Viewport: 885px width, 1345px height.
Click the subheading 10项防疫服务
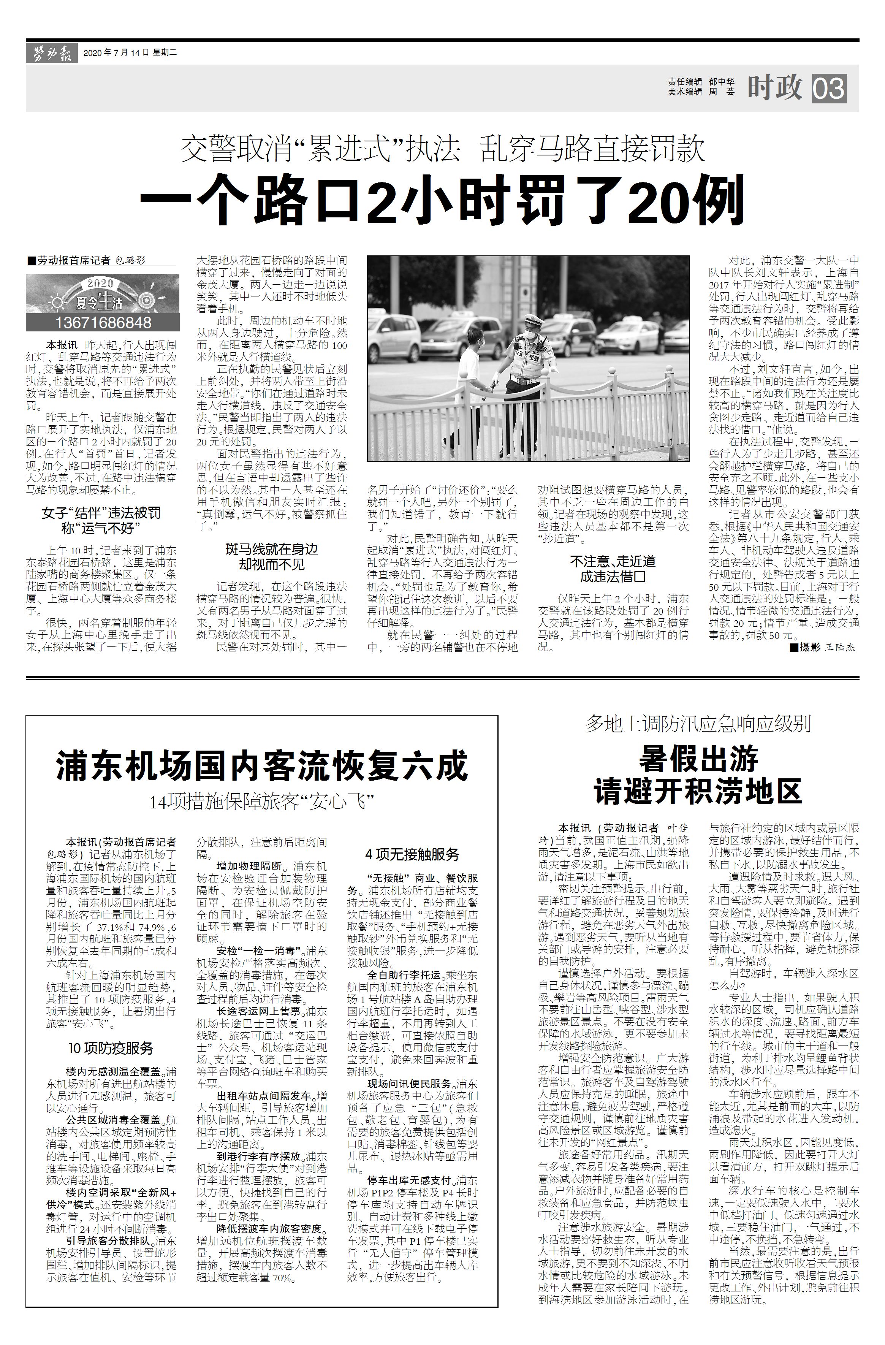pyautogui.click(x=111, y=1048)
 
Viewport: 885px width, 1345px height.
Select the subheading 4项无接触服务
pyautogui.click(x=412, y=854)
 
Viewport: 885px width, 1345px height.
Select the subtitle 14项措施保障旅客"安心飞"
pyautogui.click(x=262, y=802)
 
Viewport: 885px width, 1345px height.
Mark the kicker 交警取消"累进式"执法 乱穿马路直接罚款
pyautogui.click(x=442, y=150)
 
